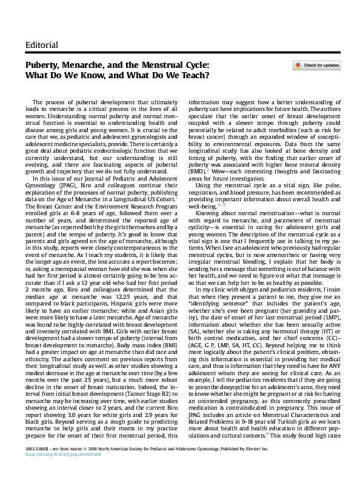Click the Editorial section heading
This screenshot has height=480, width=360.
(42, 45)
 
